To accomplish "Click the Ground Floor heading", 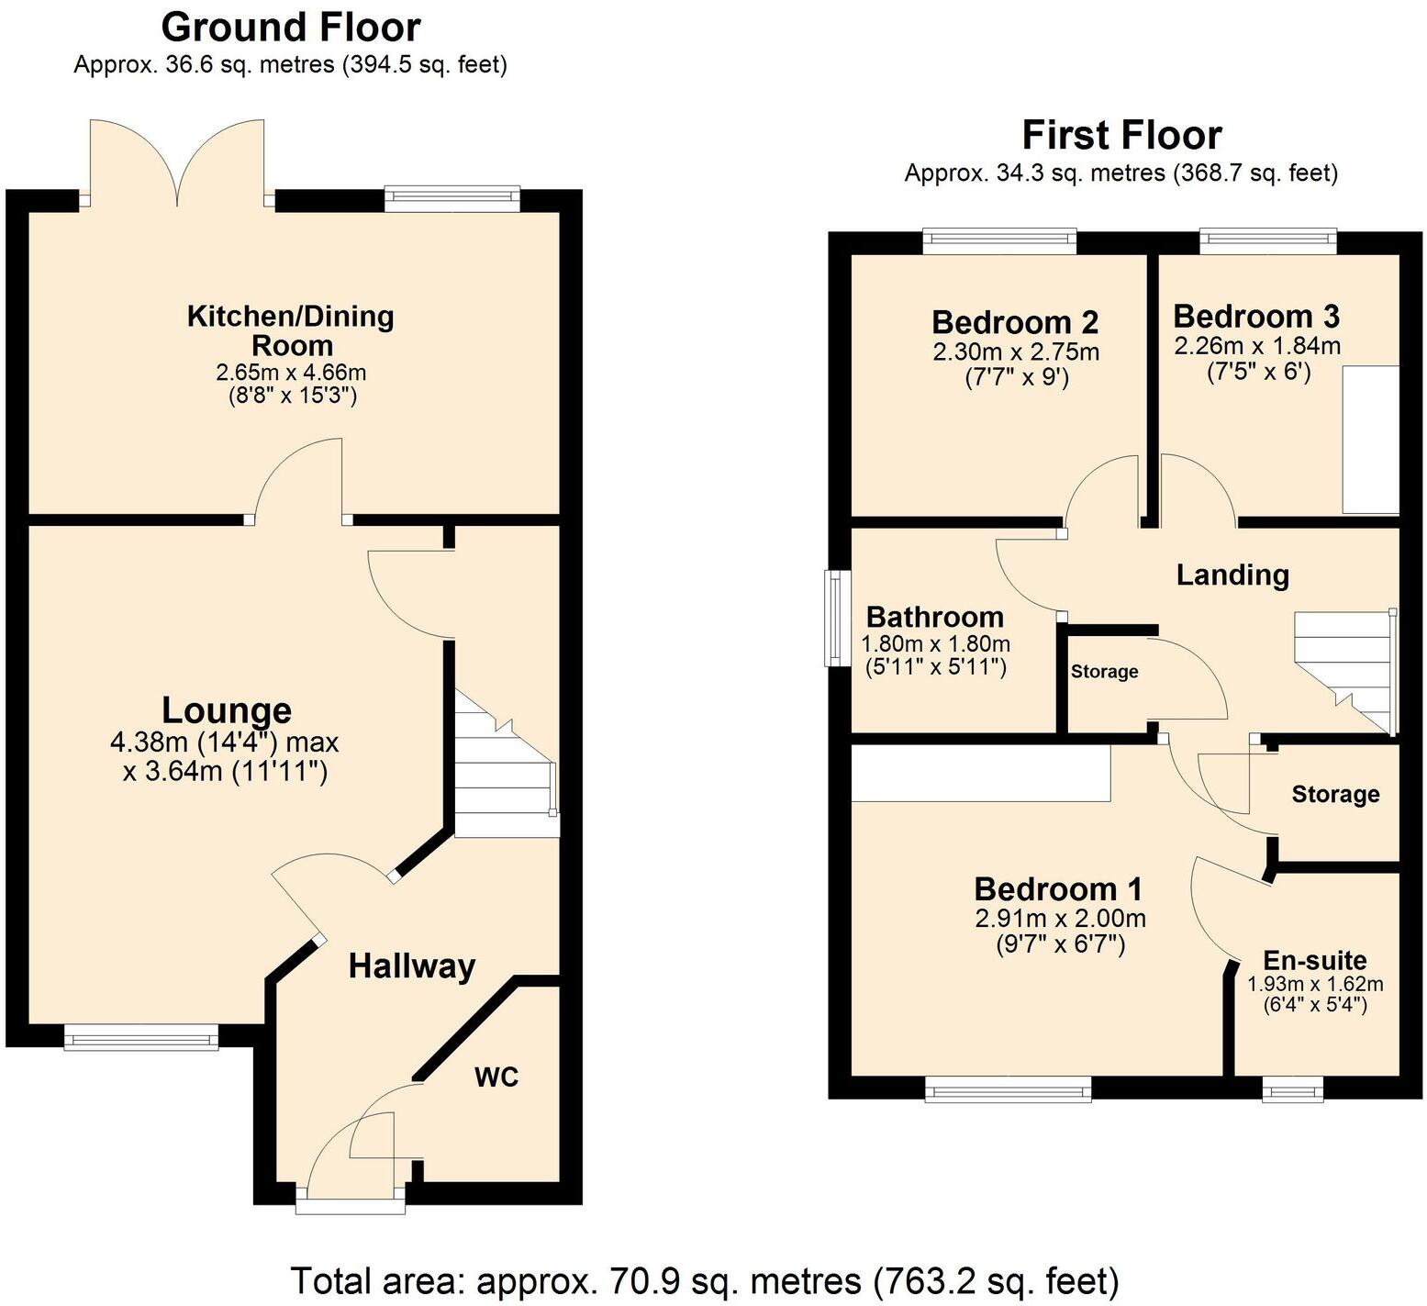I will coord(291,28).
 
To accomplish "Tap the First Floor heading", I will coord(1121,136).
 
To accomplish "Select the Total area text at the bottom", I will coord(704,1279).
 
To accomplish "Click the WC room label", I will coord(496,1077).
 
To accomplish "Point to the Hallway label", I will coord(412,966).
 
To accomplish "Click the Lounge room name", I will coord(227,710).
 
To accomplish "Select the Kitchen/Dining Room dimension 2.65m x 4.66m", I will coord(291,373).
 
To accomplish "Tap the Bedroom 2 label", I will coord(1015,322).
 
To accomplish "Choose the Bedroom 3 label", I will coord(1256,317).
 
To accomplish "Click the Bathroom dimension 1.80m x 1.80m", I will coord(935,643).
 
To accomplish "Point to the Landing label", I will coord(1232,575).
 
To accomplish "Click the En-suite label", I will coord(1315,960).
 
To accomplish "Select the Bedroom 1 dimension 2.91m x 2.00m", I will coord(1060,918).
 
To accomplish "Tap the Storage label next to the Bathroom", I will coord(1104,672).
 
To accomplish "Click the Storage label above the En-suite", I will coord(1335,794).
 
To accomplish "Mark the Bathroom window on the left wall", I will coord(834,618).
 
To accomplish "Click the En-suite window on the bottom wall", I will coord(1293,1088).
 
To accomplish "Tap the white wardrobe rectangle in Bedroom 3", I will coord(1371,440).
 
